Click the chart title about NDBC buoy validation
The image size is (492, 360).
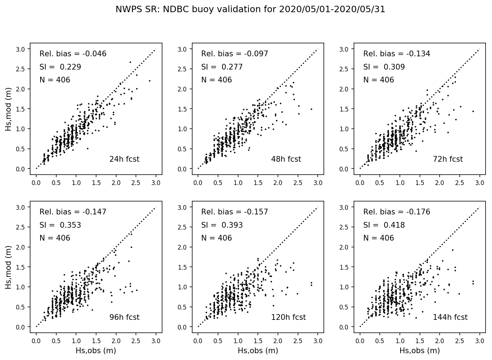tap(250, 10)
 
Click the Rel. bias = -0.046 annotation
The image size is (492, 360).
tap(73, 54)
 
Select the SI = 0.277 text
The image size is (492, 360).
tap(222, 67)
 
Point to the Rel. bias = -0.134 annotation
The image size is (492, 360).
tap(397, 54)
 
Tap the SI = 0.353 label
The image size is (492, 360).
tap(60, 225)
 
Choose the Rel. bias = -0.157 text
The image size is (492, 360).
tap(235, 212)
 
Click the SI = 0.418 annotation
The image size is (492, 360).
tap(384, 225)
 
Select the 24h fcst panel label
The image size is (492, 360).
tap(124, 159)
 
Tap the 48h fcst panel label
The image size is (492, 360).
tap(286, 159)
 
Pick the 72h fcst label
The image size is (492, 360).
tap(448, 159)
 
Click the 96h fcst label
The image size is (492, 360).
tap(124, 317)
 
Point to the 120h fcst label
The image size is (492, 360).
tap(288, 317)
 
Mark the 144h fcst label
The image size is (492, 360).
tap(450, 317)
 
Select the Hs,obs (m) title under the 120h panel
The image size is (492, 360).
tap(258, 351)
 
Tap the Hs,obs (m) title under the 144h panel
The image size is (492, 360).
tap(420, 351)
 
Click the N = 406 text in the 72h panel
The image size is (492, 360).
tap(378, 80)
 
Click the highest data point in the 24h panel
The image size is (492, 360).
tap(130, 62)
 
